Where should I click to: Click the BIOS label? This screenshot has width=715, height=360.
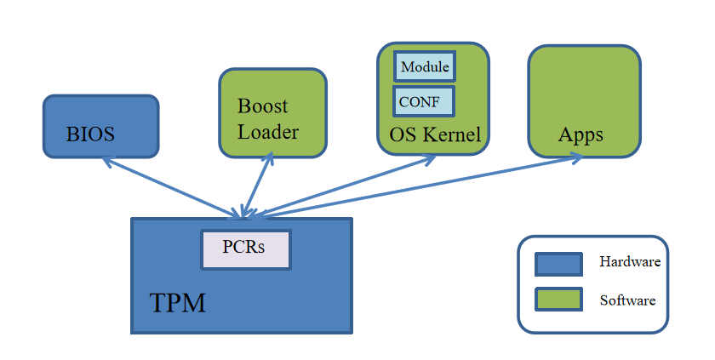[x=90, y=134]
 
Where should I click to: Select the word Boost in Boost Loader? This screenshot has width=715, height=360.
[x=262, y=106]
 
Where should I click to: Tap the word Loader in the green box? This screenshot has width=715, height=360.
[x=268, y=132]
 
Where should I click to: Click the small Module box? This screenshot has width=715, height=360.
[x=424, y=66]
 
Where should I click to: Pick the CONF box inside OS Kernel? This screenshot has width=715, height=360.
[x=423, y=100]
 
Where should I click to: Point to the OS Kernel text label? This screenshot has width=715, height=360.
[x=435, y=134]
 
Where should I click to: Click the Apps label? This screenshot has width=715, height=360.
[x=581, y=134]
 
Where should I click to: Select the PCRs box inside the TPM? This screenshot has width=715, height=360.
[x=245, y=249]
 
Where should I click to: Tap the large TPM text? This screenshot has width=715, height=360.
[x=178, y=302]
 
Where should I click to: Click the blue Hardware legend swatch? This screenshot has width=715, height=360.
[x=558, y=264]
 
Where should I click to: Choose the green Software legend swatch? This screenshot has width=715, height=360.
[x=558, y=300]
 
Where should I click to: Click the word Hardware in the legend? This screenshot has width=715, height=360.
[x=630, y=262]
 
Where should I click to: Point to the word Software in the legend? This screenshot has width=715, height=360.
[x=628, y=300]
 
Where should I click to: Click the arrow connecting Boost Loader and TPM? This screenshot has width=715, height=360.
[x=257, y=185]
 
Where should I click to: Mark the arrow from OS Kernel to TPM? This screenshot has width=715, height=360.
[x=349, y=185]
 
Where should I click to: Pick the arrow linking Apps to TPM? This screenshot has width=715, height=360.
[x=426, y=185]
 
